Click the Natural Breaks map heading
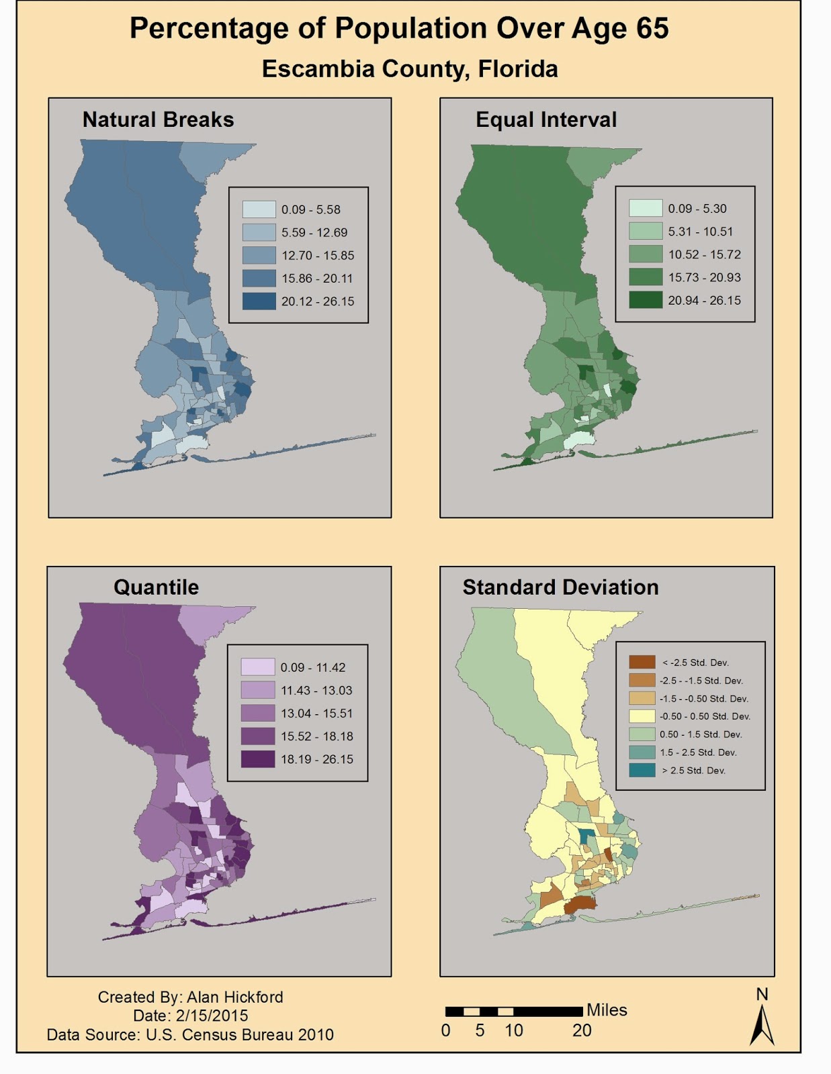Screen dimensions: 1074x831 click(158, 119)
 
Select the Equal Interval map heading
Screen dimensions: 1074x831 click(545, 119)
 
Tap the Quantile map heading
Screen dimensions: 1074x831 click(156, 587)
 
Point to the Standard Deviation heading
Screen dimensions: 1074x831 click(560, 587)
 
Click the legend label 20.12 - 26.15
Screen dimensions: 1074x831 click(317, 301)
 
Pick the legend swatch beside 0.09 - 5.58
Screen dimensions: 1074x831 click(259, 209)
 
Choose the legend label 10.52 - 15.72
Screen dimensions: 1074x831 click(704, 254)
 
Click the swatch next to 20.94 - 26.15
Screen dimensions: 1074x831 click(645, 300)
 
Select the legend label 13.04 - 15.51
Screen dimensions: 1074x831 click(316, 713)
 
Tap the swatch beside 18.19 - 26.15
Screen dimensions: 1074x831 click(258, 759)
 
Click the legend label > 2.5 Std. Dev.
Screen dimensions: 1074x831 click(693, 771)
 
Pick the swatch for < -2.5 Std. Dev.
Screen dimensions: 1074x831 click(642, 663)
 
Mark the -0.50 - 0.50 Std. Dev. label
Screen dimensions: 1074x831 click(705, 716)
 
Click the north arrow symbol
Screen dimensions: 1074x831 click(762, 1024)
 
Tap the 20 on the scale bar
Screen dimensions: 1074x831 click(582, 1030)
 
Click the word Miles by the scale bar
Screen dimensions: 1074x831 click(607, 1010)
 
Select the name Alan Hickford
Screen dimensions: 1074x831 click(234, 997)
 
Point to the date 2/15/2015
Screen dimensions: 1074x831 click(212, 1016)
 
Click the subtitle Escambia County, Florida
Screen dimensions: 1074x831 click(410, 68)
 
